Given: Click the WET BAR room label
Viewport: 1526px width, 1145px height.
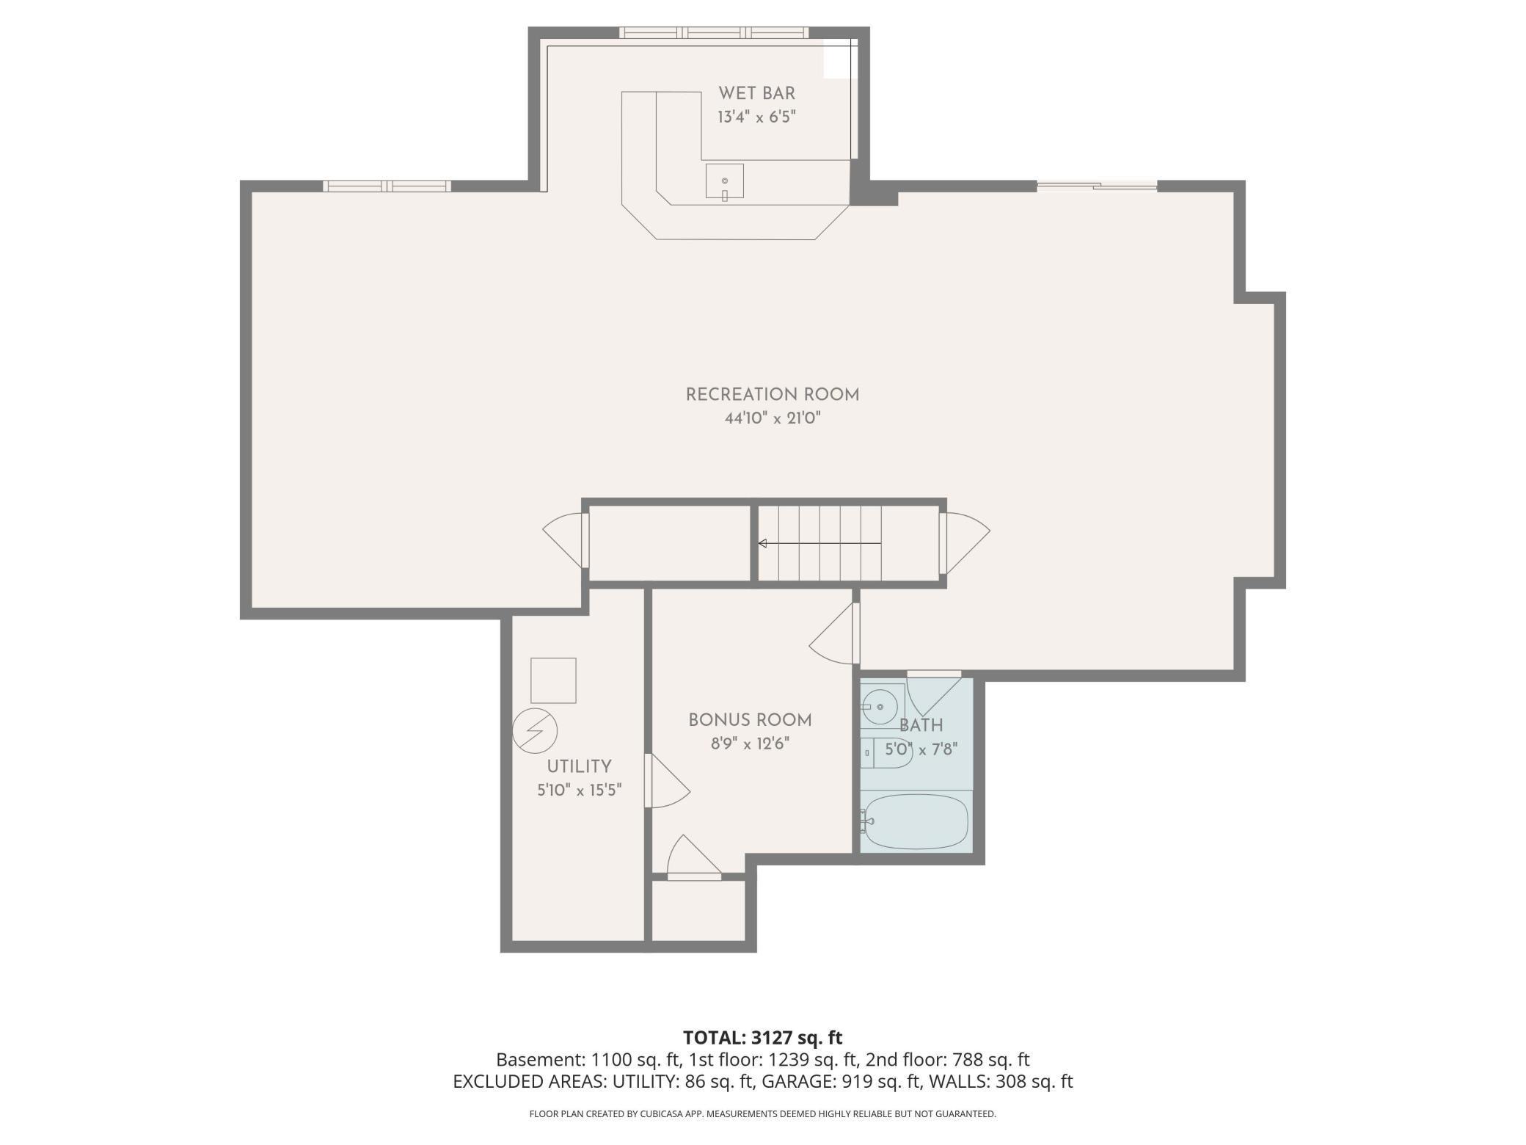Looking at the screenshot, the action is (756, 93).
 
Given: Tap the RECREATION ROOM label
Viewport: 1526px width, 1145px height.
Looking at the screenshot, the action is (772, 395).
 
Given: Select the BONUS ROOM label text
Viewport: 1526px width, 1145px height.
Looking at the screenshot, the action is (750, 720).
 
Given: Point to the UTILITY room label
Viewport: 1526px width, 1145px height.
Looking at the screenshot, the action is (579, 766).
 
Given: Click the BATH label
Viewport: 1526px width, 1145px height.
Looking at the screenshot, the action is (921, 725).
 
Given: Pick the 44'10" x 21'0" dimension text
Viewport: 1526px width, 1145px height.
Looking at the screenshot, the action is (772, 418).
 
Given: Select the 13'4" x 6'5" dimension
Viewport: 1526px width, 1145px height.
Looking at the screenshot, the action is (756, 117).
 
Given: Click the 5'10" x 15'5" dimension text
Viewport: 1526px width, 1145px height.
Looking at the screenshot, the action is (579, 790).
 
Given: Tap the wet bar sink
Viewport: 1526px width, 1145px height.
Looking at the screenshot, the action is (724, 181).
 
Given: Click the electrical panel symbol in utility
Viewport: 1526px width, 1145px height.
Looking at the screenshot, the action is (535, 731).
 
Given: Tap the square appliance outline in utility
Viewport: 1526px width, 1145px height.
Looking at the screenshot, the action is (553, 680).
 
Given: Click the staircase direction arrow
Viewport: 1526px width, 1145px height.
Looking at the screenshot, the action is (819, 543).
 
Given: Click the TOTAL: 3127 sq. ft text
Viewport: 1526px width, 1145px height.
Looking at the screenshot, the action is (763, 1037).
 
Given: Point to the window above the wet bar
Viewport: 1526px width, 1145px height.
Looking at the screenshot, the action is (713, 32).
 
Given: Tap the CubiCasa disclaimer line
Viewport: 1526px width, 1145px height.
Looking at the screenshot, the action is (763, 1114).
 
